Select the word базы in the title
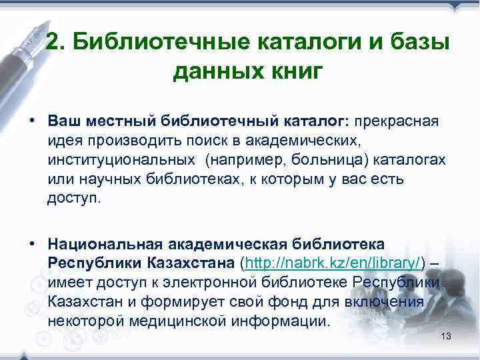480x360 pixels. coord(421,42)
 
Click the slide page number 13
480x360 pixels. coord(446,335)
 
